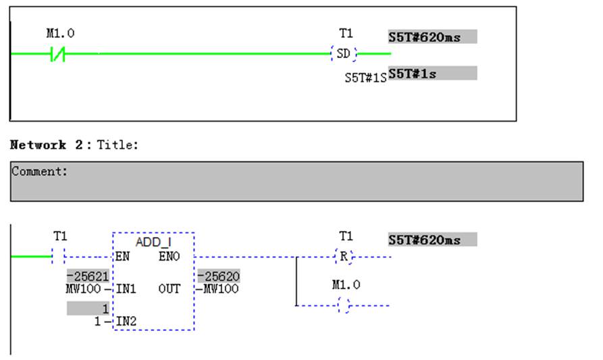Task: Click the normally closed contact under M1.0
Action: coord(57,54)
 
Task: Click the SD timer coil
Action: coord(344,53)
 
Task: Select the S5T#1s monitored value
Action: coord(413,74)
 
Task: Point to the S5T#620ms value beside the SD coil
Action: coord(425,37)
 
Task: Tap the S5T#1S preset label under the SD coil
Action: coord(365,78)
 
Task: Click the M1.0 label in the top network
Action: coord(60,34)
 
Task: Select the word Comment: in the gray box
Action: coord(39,171)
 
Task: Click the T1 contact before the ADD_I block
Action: coord(59,256)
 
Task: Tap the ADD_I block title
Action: coord(153,242)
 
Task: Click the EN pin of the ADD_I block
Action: coord(122,256)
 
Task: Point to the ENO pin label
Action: coord(169,256)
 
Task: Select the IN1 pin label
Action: coord(126,288)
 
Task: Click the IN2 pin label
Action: coord(126,321)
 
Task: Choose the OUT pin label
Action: coord(169,288)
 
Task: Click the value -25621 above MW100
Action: coord(88,276)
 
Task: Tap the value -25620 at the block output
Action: coord(218,276)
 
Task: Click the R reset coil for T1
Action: coord(344,256)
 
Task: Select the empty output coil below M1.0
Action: coord(344,305)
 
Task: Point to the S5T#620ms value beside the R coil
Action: coord(425,240)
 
